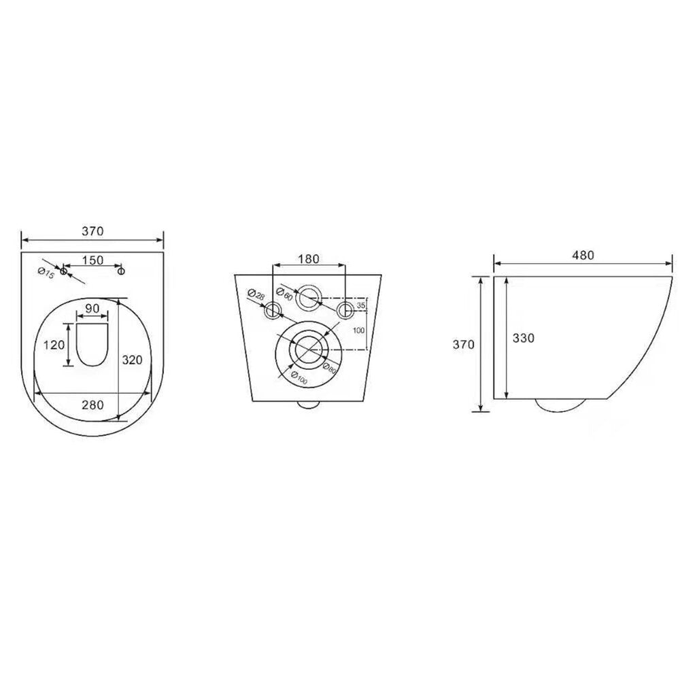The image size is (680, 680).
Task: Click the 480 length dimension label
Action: click(x=583, y=256)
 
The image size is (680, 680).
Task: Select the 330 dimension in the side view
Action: click(x=524, y=338)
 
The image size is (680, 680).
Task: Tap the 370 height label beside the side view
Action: click(x=464, y=345)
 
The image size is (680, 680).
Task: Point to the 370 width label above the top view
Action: click(x=92, y=231)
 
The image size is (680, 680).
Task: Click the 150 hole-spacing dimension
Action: click(x=92, y=260)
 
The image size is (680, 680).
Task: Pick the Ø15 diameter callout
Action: click(x=46, y=273)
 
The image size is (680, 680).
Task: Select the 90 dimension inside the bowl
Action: click(x=92, y=308)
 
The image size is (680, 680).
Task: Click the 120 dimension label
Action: click(x=54, y=345)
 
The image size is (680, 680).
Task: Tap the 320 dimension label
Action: click(x=132, y=360)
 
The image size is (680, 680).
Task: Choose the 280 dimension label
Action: click(x=92, y=405)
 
